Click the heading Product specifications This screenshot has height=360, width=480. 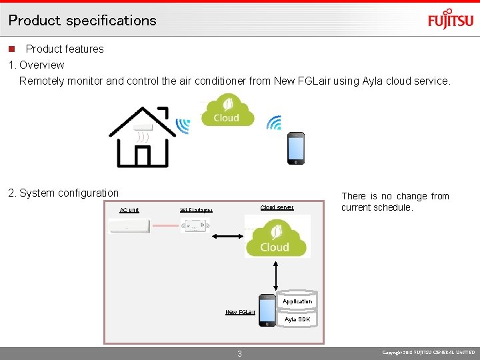click(x=83, y=20)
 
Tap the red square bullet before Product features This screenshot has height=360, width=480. click(x=11, y=49)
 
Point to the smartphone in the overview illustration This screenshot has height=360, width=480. click(x=295, y=148)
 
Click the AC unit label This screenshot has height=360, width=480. click(x=129, y=210)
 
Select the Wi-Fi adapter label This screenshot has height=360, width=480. click(x=196, y=210)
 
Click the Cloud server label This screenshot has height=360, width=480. click(x=277, y=207)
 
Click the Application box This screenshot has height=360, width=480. click(x=297, y=301)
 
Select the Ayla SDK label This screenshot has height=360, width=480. click(x=297, y=319)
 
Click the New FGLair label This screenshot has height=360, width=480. click(x=240, y=312)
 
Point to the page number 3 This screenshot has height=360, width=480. click(x=240, y=353)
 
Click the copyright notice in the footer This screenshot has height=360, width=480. click(x=429, y=352)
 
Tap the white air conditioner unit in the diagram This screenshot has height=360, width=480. click(x=130, y=227)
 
